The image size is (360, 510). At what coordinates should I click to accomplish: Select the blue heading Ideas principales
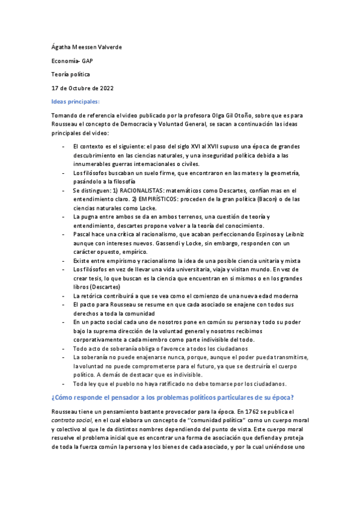75,102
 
